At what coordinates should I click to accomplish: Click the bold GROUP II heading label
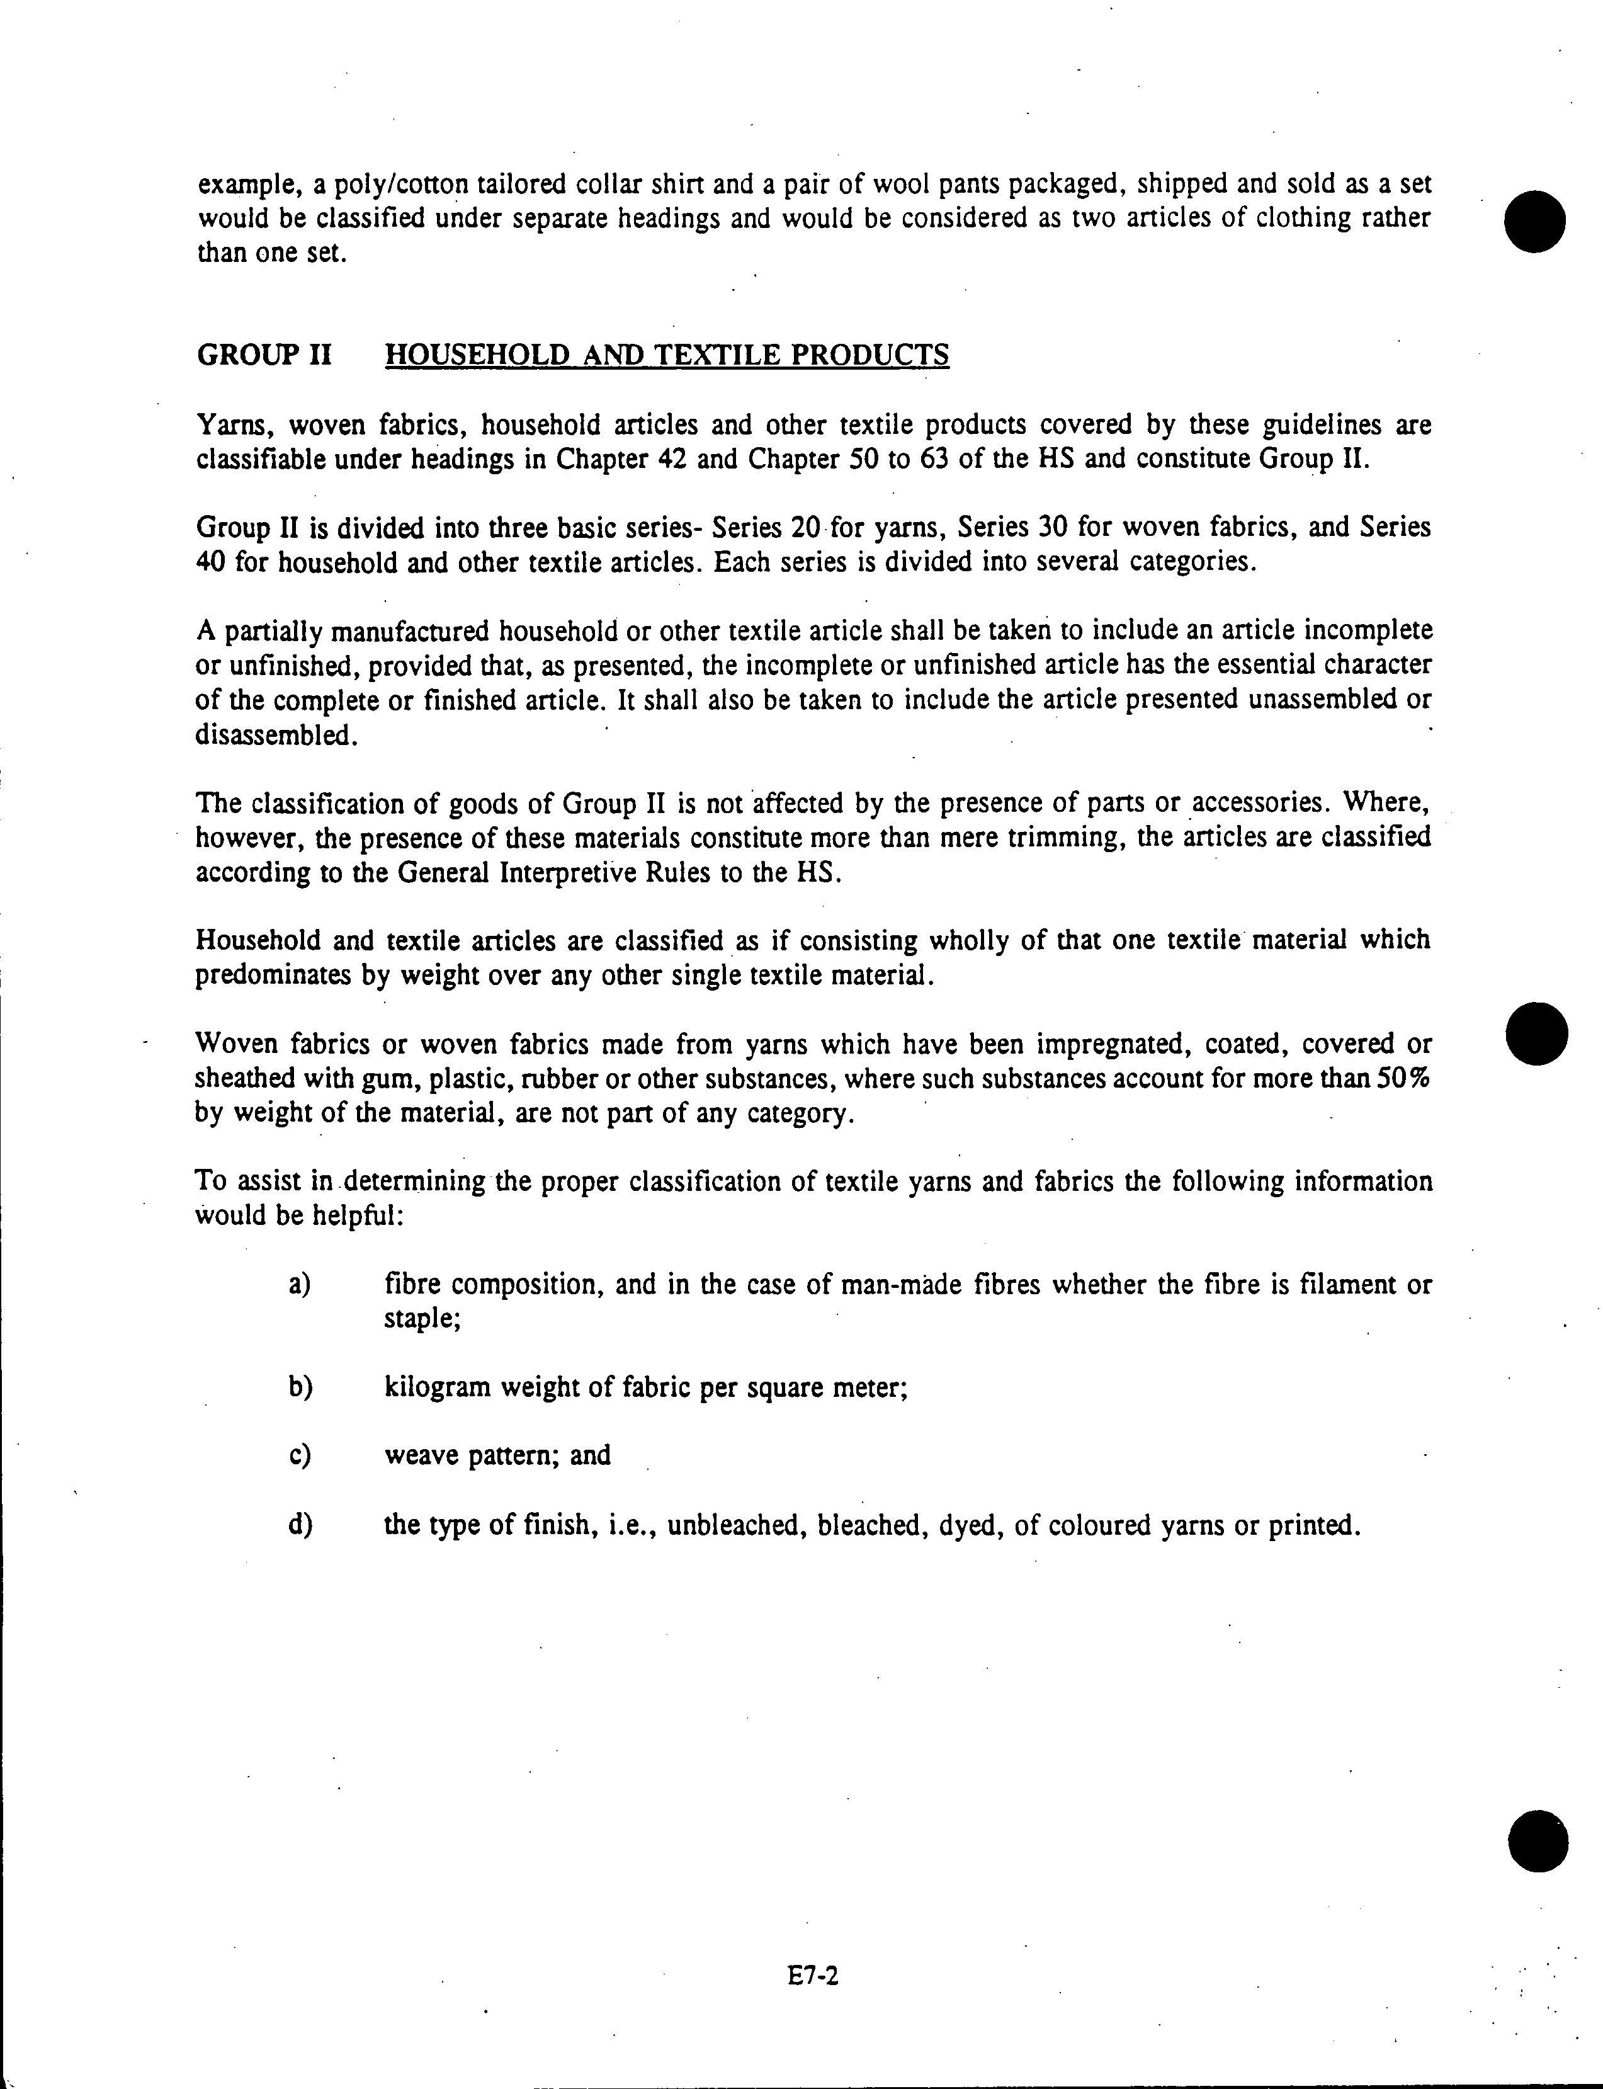(263, 355)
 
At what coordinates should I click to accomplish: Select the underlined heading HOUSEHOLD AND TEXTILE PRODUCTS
(666, 355)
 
